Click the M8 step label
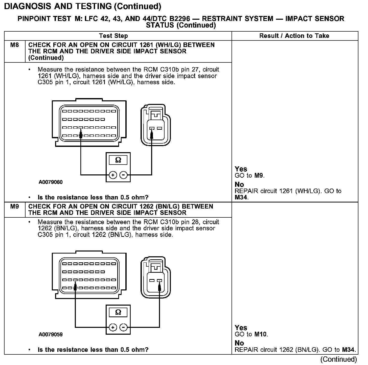coord(14,45)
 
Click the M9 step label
coord(14,207)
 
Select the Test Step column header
coord(113,36)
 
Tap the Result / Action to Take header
coord(294,36)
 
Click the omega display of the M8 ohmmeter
coord(118,160)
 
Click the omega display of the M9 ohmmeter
coord(118,312)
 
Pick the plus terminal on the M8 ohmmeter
coord(113,175)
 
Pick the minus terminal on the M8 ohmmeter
coord(123,175)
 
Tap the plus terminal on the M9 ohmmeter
coord(113,327)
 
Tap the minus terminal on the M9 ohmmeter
coord(123,327)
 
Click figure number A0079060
coord(51,182)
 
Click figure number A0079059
coord(51,335)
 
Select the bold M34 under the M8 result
coord(241,197)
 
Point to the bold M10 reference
coord(261,334)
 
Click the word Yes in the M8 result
coord(241,169)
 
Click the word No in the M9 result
coord(239,343)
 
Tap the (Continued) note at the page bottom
coord(338,359)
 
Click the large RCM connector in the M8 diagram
coord(89,123)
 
